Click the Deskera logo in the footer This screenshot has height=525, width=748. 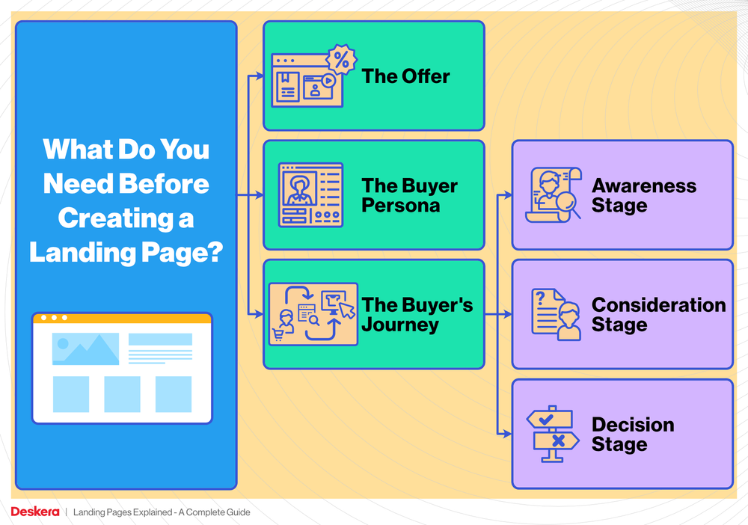coord(34,512)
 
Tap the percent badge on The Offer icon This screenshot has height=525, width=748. coord(341,61)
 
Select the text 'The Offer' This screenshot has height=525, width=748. coord(405,76)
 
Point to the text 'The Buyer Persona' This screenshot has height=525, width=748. coord(409,195)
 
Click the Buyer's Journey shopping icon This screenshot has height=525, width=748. coord(313,314)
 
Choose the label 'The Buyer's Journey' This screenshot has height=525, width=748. coord(417,315)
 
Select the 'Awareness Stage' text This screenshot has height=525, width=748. coord(643,195)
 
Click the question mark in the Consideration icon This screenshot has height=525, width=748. coord(539,298)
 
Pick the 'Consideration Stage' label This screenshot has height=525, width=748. coord(658,315)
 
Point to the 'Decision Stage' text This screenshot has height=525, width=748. coord(633,435)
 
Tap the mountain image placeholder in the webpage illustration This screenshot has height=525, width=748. coord(85,349)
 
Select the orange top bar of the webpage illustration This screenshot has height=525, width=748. coord(122,318)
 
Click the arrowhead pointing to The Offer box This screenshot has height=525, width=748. coord(259,76)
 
